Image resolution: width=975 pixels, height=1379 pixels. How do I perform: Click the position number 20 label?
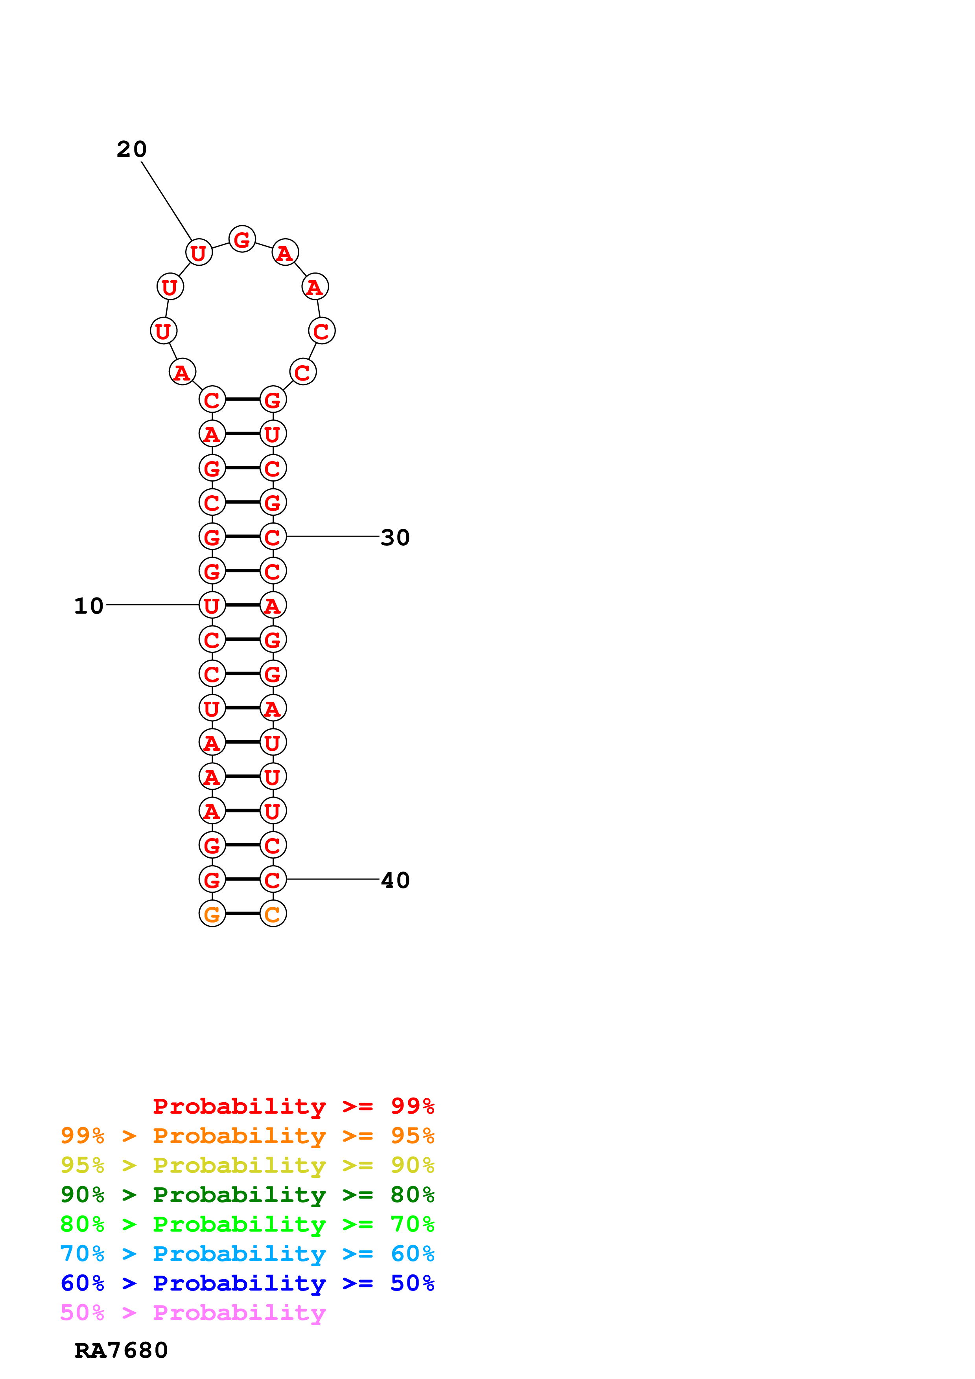[132, 149]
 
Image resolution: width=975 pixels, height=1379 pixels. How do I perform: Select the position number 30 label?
[395, 537]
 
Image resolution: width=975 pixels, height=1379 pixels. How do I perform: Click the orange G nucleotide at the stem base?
[212, 914]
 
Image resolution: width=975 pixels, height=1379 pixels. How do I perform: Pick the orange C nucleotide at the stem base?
[273, 914]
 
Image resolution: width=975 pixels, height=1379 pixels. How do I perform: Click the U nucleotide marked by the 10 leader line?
[212, 605]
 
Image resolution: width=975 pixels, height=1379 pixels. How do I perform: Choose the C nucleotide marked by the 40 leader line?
[273, 879]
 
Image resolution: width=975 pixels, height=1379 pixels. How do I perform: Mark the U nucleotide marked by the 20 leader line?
[199, 252]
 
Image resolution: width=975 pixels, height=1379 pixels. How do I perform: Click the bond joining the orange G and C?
[243, 914]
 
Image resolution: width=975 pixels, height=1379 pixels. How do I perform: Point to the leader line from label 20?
[166, 201]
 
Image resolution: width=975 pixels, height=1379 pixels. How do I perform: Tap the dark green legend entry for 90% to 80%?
[247, 1195]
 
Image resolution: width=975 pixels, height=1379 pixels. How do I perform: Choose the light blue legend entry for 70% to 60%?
[247, 1254]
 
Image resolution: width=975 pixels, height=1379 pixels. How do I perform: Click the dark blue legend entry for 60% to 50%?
[247, 1283]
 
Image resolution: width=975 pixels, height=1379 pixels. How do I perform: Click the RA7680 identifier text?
[121, 1350]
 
